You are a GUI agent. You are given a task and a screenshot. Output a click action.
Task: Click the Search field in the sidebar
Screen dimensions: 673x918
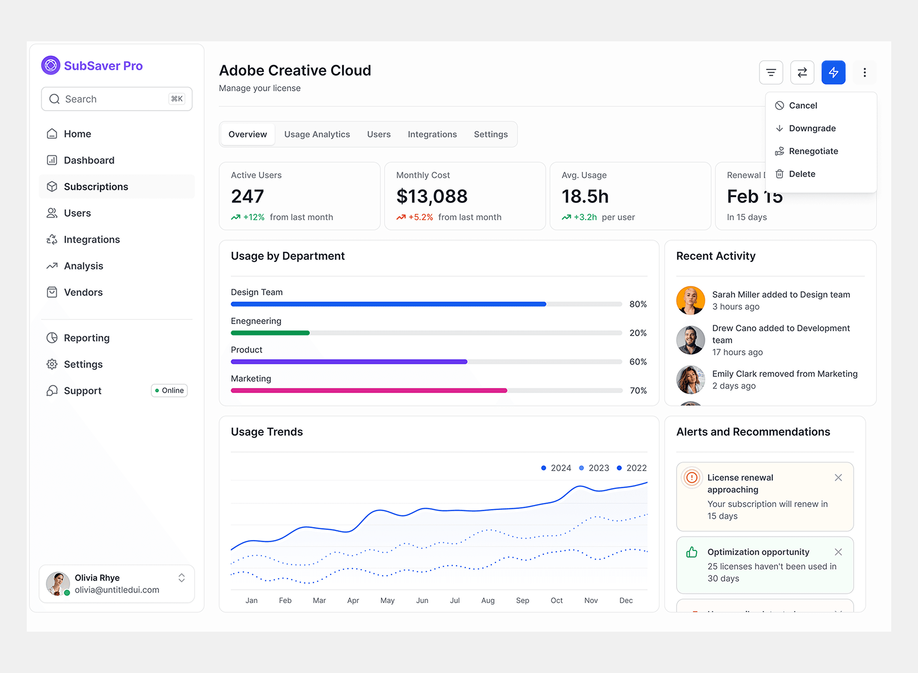tap(116, 99)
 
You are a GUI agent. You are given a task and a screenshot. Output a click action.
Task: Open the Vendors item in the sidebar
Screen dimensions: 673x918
tap(83, 293)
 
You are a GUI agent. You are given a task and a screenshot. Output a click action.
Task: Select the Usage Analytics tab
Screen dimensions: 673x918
tap(317, 135)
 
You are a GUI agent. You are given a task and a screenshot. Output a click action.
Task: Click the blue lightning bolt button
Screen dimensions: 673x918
tap(833, 73)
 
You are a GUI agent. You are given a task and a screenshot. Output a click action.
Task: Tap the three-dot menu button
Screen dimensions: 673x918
tap(864, 73)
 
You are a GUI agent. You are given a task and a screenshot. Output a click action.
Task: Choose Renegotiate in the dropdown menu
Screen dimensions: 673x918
tap(813, 151)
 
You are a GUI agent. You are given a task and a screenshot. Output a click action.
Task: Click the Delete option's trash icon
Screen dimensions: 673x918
tap(779, 174)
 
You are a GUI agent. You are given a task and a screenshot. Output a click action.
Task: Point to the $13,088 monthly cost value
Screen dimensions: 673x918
tap(431, 197)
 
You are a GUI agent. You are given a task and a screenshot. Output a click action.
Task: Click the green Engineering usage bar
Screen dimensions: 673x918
tap(270, 333)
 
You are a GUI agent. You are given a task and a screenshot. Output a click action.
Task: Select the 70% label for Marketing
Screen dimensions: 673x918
tap(638, 391)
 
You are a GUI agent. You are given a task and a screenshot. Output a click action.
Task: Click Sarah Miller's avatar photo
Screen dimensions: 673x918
tap(690, 300)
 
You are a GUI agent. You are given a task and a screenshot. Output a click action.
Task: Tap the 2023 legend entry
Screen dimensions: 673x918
tap(594, 468)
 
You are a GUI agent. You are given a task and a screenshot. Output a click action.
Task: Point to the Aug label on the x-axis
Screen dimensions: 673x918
tap(488, 600)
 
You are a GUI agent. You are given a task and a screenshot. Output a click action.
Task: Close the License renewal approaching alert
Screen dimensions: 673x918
tap(838, 478)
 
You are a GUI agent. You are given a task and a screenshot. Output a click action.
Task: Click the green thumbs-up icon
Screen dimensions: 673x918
tap(692, 553)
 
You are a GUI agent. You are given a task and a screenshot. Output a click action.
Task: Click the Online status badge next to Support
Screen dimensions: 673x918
tap(169, 391)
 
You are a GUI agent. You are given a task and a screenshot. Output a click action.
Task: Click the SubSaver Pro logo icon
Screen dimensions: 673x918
tap(50, 65)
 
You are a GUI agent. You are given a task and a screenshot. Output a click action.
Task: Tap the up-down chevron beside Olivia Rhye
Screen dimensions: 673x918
tap(182, 578)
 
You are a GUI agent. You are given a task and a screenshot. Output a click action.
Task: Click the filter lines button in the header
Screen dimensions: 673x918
tap(770, 73)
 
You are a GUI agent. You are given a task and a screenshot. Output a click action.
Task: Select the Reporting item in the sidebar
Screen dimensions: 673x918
tap(86, 338)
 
